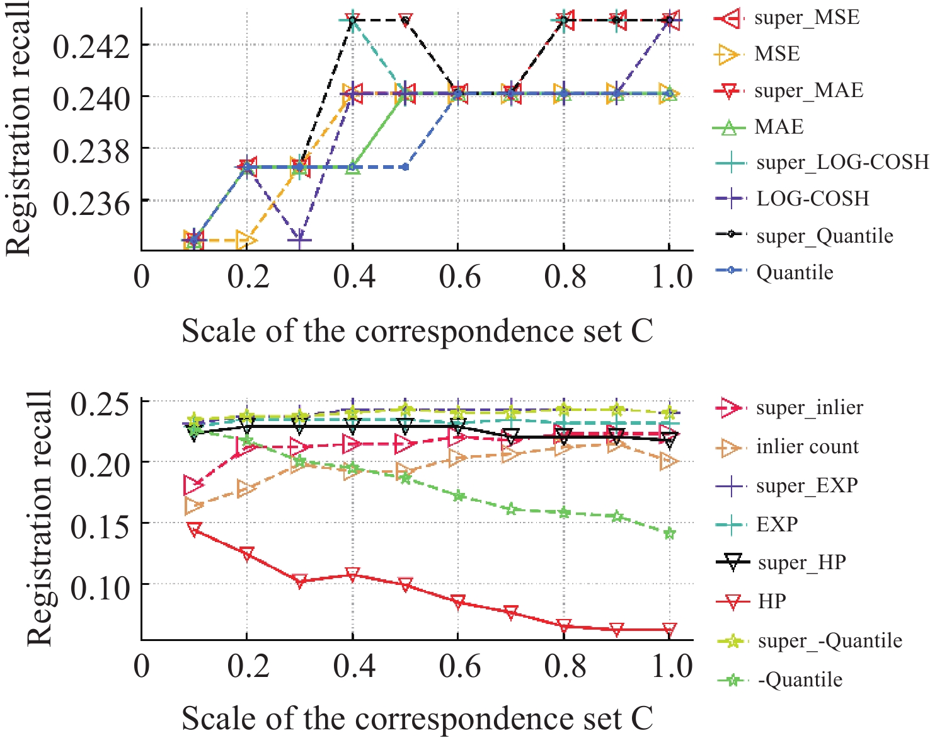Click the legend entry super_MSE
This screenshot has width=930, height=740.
point(807,17)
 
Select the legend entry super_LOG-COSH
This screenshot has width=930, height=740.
point(842,162)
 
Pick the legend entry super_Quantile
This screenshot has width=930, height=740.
point(824,236)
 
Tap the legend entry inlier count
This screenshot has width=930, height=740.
point(807,447)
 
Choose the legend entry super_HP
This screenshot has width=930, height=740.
point(801,562)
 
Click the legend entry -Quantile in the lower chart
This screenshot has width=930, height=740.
point(800,679)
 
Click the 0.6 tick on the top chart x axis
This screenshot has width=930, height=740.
point(459,277)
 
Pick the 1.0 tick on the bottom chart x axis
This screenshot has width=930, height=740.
point(670,667)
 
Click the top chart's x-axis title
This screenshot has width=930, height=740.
point(417,331)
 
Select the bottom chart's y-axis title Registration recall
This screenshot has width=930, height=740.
point(40,518)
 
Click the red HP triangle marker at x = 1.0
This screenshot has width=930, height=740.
point(669,629)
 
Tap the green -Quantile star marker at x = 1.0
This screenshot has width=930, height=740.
point(669,534)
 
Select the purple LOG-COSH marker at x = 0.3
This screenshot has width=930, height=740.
point(300,240)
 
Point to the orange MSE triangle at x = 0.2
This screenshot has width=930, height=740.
point(246,240)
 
